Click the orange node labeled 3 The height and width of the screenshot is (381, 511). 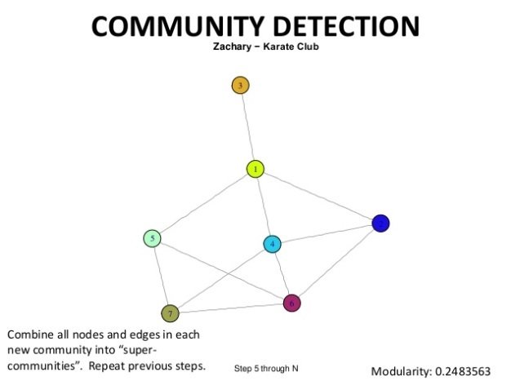[240, 85]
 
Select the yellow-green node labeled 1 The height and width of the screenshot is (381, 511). [255, 169]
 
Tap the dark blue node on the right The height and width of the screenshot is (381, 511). [380, 223]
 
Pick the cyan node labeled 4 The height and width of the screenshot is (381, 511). [273, 244]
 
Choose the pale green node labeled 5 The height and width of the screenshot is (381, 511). [152, 238]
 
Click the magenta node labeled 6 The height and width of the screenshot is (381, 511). [291, 303]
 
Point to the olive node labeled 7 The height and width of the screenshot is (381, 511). [170, 313]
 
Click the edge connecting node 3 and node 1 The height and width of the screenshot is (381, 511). [247, 126]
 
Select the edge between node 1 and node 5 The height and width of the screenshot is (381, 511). [204, 203]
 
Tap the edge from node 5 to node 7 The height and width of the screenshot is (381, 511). [161, 276]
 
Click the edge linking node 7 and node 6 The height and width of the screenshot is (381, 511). [230, 308]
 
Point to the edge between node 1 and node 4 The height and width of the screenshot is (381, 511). [264, 206]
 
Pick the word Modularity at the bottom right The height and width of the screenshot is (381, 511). [402, 371]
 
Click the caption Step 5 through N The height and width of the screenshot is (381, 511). [266, 368]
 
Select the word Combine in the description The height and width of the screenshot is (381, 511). [29, 335]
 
